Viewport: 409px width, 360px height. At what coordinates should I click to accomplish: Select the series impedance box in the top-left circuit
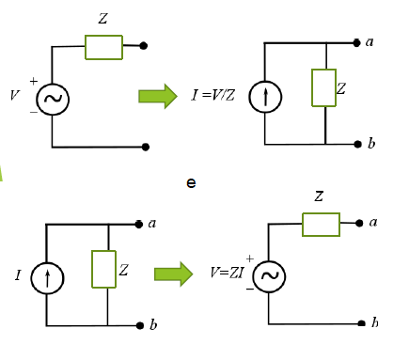(103, 46)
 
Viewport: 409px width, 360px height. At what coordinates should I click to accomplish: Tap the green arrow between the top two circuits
(157, 96)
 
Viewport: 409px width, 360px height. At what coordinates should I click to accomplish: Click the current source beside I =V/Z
(265, 97)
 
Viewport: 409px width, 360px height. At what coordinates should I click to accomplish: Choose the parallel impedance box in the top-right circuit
(323, 87)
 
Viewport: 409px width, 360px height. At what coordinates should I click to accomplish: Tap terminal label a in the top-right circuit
(370, 42)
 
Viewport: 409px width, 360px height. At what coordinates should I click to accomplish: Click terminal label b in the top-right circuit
(370, 144)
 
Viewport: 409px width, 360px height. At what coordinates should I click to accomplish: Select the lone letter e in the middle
(191, 182)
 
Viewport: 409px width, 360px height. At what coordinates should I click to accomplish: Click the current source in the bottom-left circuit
(46, 276)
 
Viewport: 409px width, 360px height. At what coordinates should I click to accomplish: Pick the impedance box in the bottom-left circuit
(103, 269)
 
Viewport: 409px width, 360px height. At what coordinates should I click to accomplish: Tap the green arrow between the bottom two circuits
(173, 274)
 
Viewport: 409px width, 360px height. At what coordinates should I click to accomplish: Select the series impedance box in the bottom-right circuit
(321, 224)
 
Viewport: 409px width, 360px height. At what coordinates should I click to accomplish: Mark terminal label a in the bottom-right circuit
(373, 222)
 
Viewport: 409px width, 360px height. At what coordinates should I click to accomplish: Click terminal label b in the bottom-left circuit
(153, 325)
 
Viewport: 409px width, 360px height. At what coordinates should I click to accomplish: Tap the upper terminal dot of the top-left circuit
(144, 44)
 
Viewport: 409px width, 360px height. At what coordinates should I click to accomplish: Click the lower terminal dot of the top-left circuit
(145, 147)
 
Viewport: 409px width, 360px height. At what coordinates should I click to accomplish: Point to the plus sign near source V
(34, 82)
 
